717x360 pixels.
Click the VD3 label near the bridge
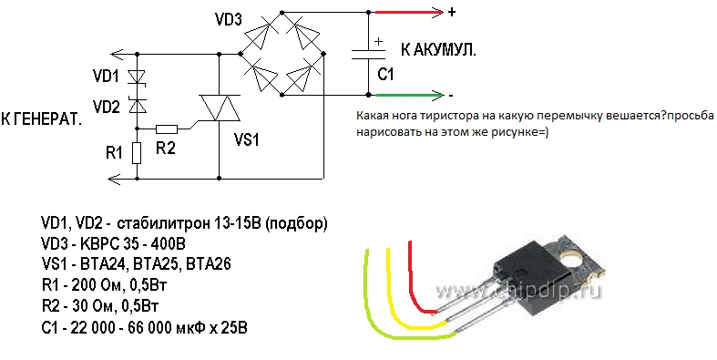click(228, 20)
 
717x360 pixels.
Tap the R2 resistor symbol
click(167, 129)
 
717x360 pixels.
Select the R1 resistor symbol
click(137, 153)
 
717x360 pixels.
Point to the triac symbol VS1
click(220, 108)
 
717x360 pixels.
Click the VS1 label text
click(247, 140)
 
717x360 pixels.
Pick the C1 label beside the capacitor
click(385, 74)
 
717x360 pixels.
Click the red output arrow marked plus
click(409, 13)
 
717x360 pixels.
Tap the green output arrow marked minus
click(410, 95)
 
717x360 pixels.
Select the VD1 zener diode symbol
click(137, 77)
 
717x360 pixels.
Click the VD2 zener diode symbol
click(137, 105)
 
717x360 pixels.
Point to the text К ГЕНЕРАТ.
click(42, 119)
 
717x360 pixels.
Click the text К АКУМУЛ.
click(438, 50)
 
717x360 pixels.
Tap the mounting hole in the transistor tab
click(571, 261)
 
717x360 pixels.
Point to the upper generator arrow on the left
click(124, 55)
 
